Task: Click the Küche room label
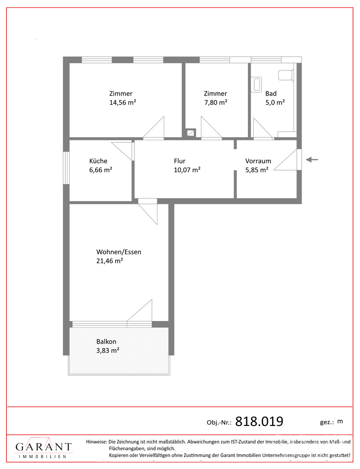coord(98,161)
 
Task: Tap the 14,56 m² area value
coord(123,103)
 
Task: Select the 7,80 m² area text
coord(216,103)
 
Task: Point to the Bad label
coord(271,94)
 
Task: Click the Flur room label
coord(180,161)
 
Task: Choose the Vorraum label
coord(258,161)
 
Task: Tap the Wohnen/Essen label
coord(119,252)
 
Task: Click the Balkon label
coord(106,342)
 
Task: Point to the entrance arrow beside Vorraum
coord(312,160)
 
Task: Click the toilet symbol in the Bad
coord(286,75)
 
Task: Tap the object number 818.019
coord(259,421)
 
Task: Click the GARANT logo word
coord(44,447)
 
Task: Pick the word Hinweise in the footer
coord(97,441)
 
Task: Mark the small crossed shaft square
coord(191,133)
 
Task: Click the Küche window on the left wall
coord(66,168)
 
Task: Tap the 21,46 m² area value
coord(110,261)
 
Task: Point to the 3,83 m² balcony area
coord(108,350)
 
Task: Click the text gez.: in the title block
coord(327,423)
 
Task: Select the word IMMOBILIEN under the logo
coord(43,457)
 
